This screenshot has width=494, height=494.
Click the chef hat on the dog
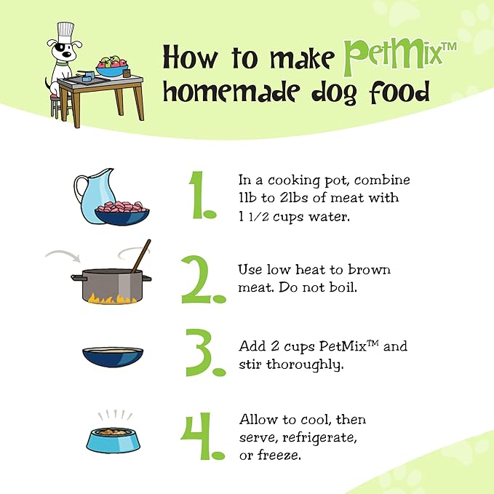click(65, 33)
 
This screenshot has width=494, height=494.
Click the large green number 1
click(202, 195)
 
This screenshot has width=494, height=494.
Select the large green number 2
click(203, 279)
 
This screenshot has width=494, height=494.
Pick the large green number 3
click(205, 353)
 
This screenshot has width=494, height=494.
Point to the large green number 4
click(202, 436)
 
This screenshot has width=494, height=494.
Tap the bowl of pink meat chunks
click(122, 213)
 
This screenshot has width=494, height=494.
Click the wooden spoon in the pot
click(141, 256)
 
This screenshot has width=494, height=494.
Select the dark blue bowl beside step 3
click(113, 357)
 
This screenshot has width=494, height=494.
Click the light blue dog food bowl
click(113, 440)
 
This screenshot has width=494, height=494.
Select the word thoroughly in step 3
click(305, 364)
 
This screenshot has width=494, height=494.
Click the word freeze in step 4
click(279, 455)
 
